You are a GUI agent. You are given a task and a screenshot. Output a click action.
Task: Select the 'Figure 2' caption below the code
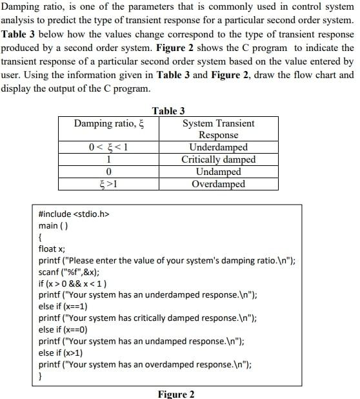click(x=176, y=394)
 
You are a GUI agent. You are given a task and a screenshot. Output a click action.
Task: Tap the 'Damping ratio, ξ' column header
click(x=107, y=123)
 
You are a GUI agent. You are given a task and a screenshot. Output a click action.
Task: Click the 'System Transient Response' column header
click(x=218, y=129)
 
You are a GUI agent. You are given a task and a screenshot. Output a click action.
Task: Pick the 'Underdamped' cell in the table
click(x=218, y=147)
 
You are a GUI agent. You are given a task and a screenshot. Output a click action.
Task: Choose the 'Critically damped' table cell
click(x=218, y=159)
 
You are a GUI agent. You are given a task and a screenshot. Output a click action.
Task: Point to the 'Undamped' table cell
click(x=218, y=172)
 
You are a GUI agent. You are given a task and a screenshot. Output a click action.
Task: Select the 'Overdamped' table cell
click(x=218, y=184)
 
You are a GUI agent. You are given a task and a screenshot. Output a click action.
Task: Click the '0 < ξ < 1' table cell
click(x=108, y=147)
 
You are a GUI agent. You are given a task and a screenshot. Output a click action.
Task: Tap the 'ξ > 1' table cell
click(x=108, y=184)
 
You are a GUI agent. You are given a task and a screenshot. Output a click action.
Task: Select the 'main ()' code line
click(x=54, y=225)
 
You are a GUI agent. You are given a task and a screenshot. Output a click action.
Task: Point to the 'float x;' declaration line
click(x=52, y=249)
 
